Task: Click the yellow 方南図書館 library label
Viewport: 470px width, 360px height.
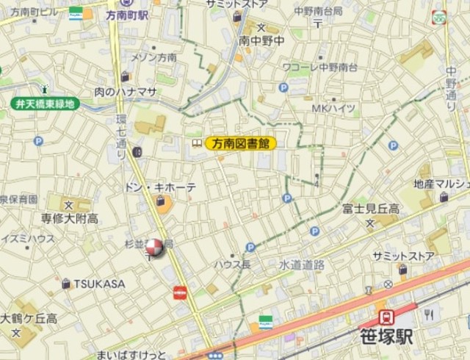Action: coord(241,144)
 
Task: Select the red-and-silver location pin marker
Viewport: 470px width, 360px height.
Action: coord(155,249)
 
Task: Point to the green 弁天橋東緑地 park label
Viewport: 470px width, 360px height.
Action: coord(46,104)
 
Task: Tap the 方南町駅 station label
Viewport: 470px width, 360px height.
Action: coord(126,14)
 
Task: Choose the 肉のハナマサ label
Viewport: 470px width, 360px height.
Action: coord(125,92)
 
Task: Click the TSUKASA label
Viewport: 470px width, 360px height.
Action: coord(99,284)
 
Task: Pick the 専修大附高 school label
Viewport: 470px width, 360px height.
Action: coord(69,219)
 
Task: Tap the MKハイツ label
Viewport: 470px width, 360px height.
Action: coord(333,108)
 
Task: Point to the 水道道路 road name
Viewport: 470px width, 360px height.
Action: coord(301,263)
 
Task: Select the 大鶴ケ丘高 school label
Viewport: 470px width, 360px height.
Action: coord(29,318)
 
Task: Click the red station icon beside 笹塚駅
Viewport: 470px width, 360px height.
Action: coord(384,317)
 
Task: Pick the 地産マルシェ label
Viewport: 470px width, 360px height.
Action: coord(441,184)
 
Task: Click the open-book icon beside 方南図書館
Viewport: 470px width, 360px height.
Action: coord(197,144)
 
